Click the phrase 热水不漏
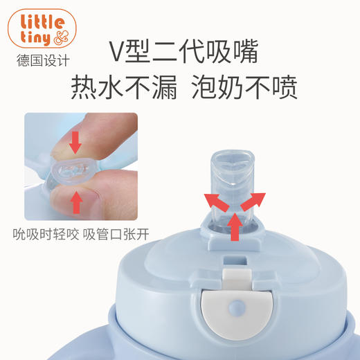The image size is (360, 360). pyautogui.click(x=123, y=87)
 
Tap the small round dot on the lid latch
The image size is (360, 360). pyautogui.click(x=236, y=305)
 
